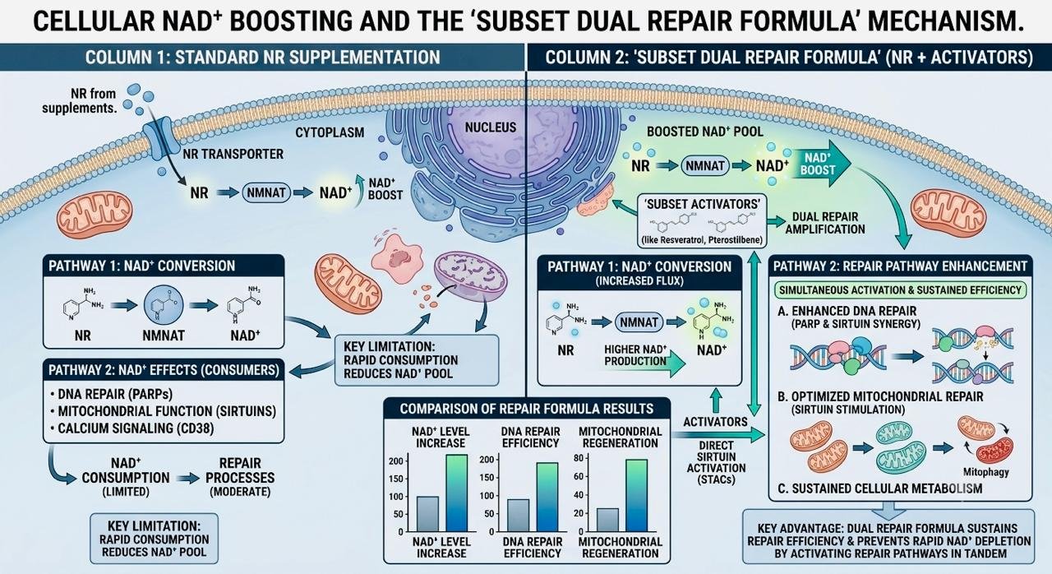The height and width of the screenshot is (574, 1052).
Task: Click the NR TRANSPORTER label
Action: tap(233, 154)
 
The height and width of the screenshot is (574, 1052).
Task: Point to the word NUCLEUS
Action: tap(491, 127)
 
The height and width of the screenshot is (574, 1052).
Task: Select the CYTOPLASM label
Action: tap(330, 133)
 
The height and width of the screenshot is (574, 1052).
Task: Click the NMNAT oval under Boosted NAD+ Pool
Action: tap(705, 166)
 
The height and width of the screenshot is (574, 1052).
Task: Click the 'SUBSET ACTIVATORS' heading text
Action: tap(703, 204)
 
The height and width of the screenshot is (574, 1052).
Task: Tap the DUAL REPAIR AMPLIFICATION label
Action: tap(825, 223)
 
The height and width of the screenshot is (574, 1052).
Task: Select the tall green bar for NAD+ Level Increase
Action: tap(456, 493)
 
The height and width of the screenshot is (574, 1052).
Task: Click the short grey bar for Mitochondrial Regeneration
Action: tap(607, 520)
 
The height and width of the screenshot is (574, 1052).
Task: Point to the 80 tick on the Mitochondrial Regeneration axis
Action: tap(579, 458)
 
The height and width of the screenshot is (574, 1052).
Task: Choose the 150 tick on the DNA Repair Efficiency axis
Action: tap(487, 478)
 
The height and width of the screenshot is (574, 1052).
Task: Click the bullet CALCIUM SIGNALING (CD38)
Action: tap(131, 429)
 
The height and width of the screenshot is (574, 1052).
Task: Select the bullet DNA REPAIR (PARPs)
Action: tap(111, 394)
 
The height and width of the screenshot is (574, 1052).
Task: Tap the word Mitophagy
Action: tap(985, 472)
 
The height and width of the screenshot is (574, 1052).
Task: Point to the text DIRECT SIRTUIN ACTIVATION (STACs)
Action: tap(716, 463)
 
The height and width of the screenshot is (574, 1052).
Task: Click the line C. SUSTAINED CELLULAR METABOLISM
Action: tap(880, 489)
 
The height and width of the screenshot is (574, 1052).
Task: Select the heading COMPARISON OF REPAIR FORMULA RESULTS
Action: tap(527, 410)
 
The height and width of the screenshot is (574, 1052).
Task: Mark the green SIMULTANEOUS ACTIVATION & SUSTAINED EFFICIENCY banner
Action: tap(900, 290)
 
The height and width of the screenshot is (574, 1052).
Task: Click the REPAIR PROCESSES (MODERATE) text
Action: tap(240, 478)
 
